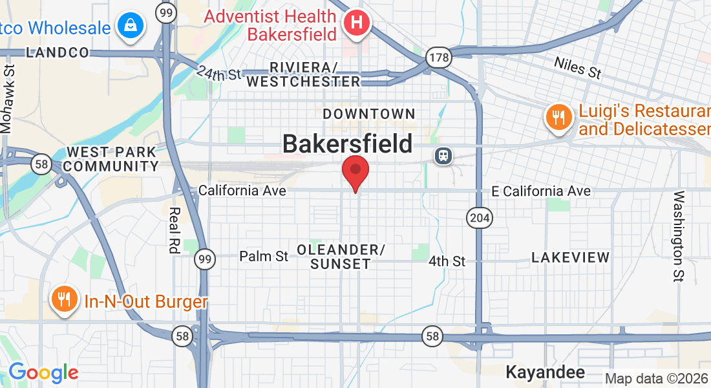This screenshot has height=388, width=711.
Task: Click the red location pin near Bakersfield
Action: (355, 171)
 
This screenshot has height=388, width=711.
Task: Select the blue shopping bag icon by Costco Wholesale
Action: (131, 26)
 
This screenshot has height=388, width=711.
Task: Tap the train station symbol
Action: (443, 156)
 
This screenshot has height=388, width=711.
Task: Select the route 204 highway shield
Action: (480, 218)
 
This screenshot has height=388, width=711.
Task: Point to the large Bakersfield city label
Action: (348, 144)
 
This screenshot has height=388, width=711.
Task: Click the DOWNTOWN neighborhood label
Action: (368, 114)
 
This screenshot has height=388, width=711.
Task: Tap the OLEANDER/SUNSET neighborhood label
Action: (341, 257)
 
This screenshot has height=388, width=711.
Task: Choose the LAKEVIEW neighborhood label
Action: (570, 257)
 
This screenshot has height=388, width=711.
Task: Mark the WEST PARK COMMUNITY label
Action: (112, 159)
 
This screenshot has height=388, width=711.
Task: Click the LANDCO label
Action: (57, 53)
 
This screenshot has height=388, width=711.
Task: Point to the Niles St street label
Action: (578, 67)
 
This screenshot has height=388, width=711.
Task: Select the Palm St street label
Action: (264, 257)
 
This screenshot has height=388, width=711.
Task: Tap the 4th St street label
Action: (447, 261)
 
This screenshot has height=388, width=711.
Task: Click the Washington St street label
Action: (679, 236)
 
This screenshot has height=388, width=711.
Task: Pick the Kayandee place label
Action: (545, 372)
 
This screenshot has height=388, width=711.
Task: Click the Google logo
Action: (43, 372)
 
